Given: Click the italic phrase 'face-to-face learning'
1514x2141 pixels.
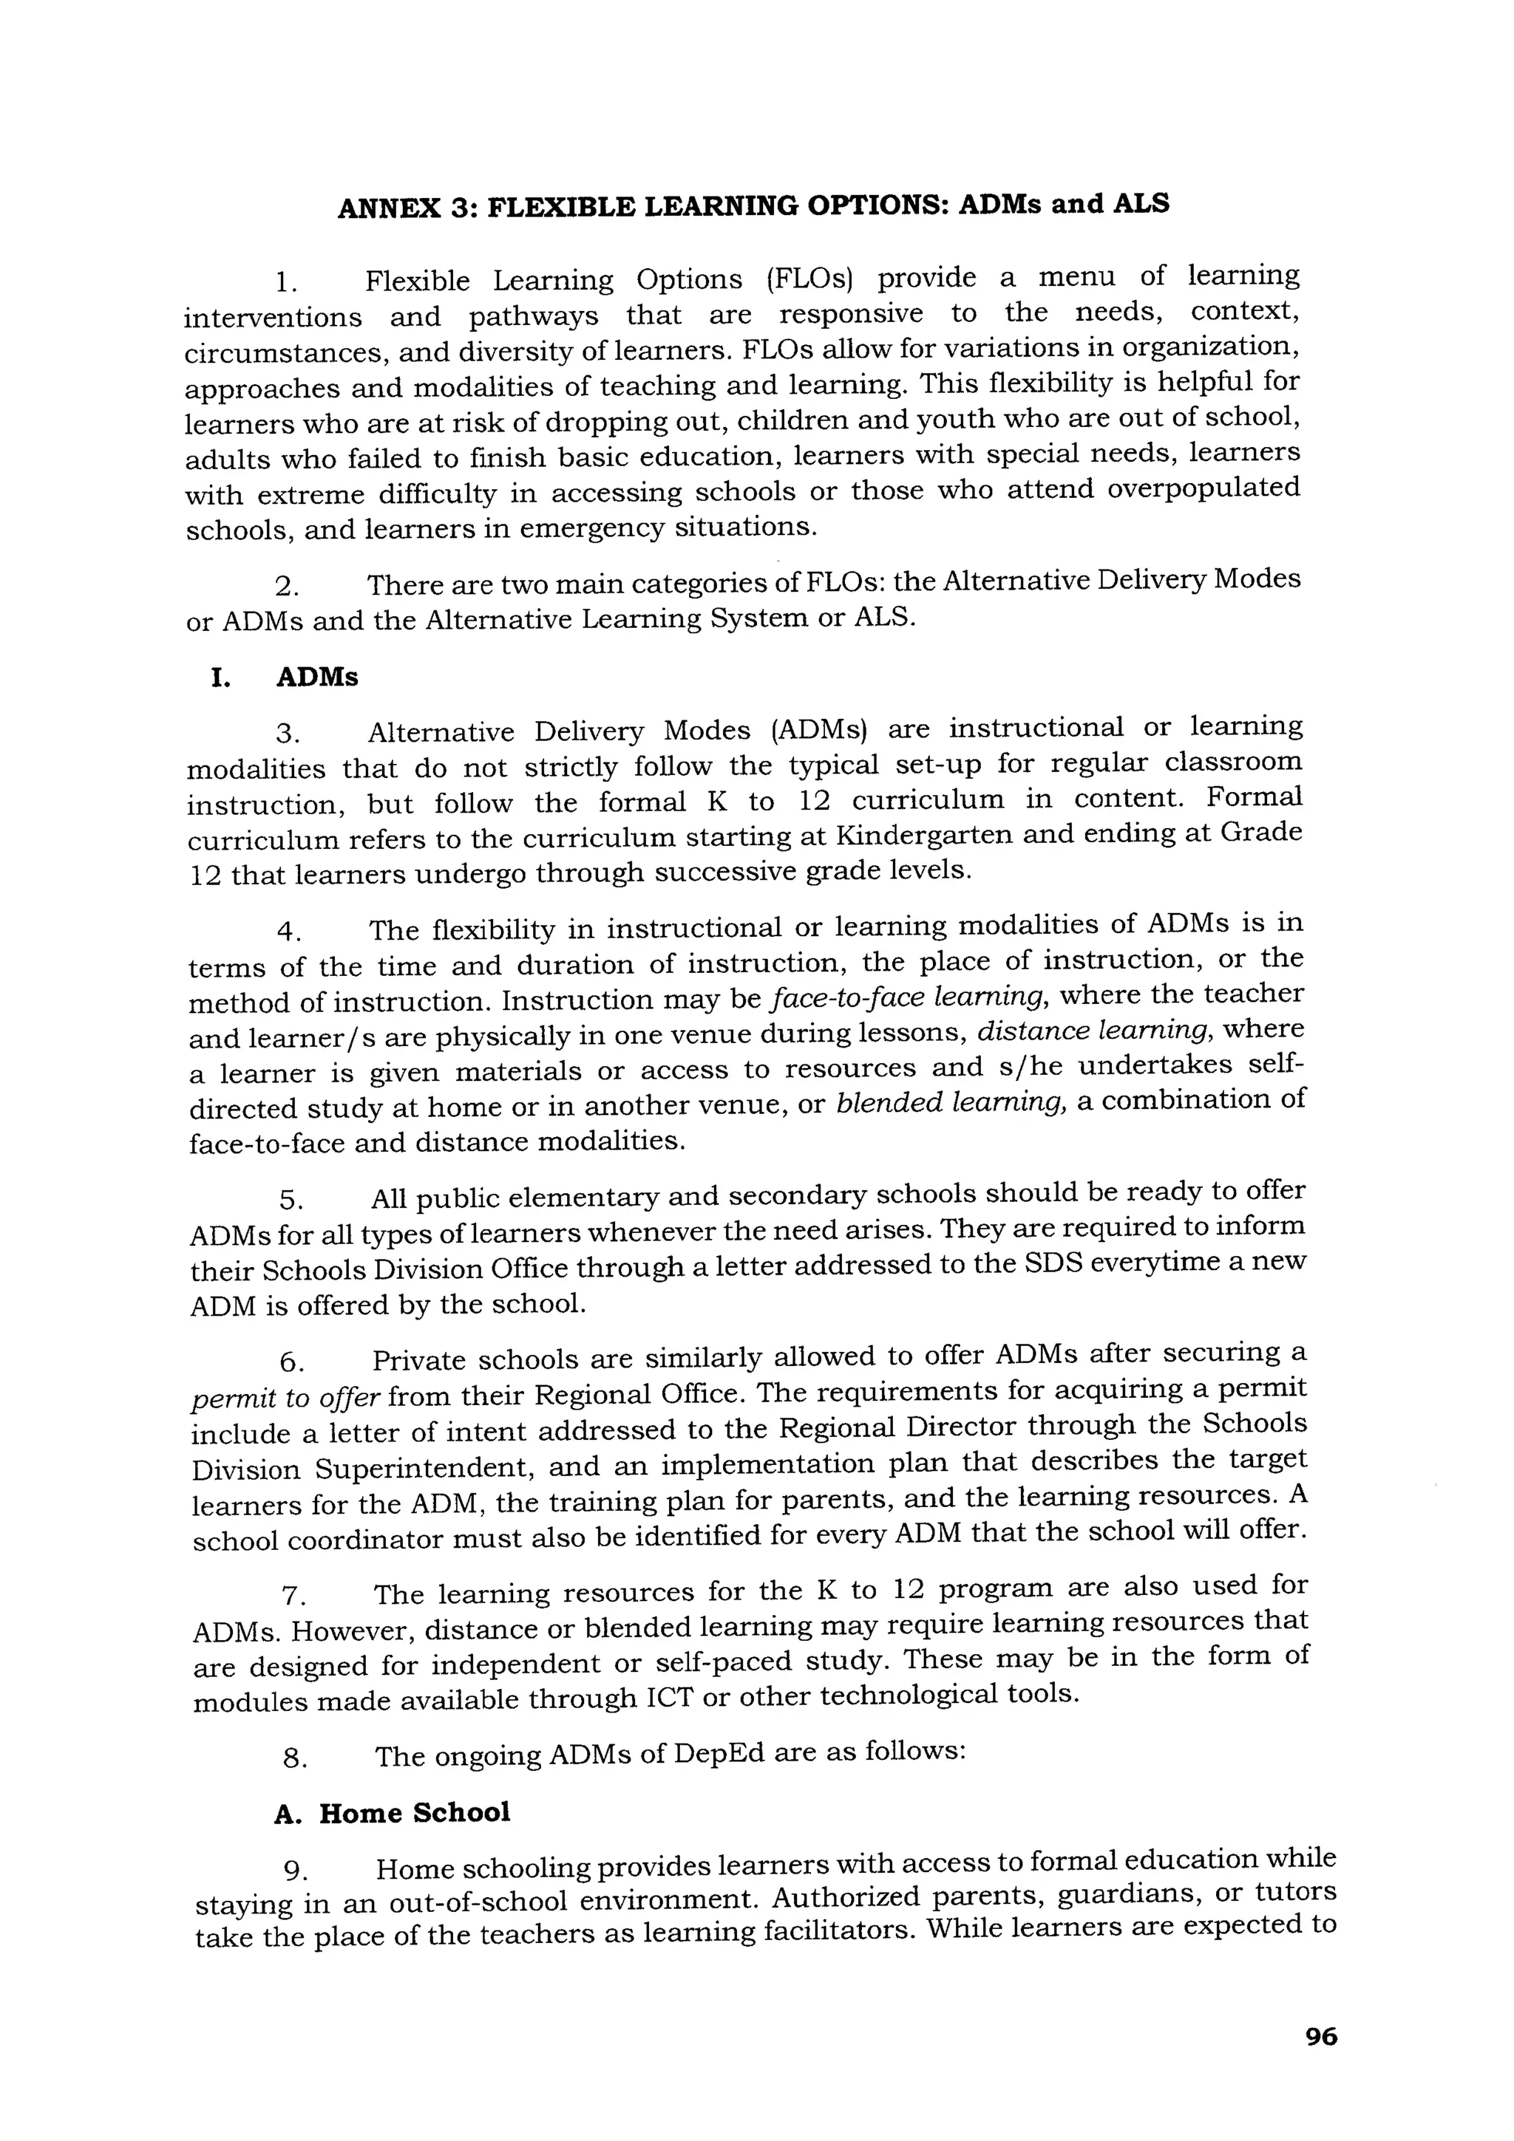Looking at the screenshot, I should pos(909,998).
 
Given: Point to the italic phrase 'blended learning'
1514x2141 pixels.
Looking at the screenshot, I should pos(951,1103).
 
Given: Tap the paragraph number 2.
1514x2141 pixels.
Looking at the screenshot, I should pos(286,587).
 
